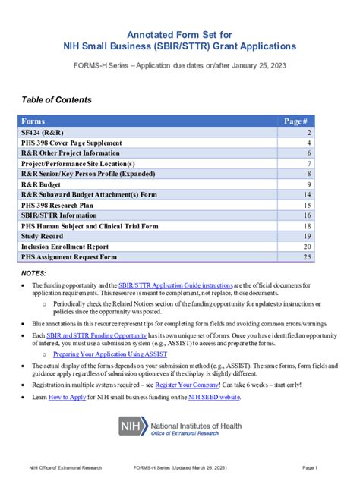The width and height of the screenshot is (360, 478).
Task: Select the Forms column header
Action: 33,121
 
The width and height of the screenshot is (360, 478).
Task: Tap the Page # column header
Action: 295,121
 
